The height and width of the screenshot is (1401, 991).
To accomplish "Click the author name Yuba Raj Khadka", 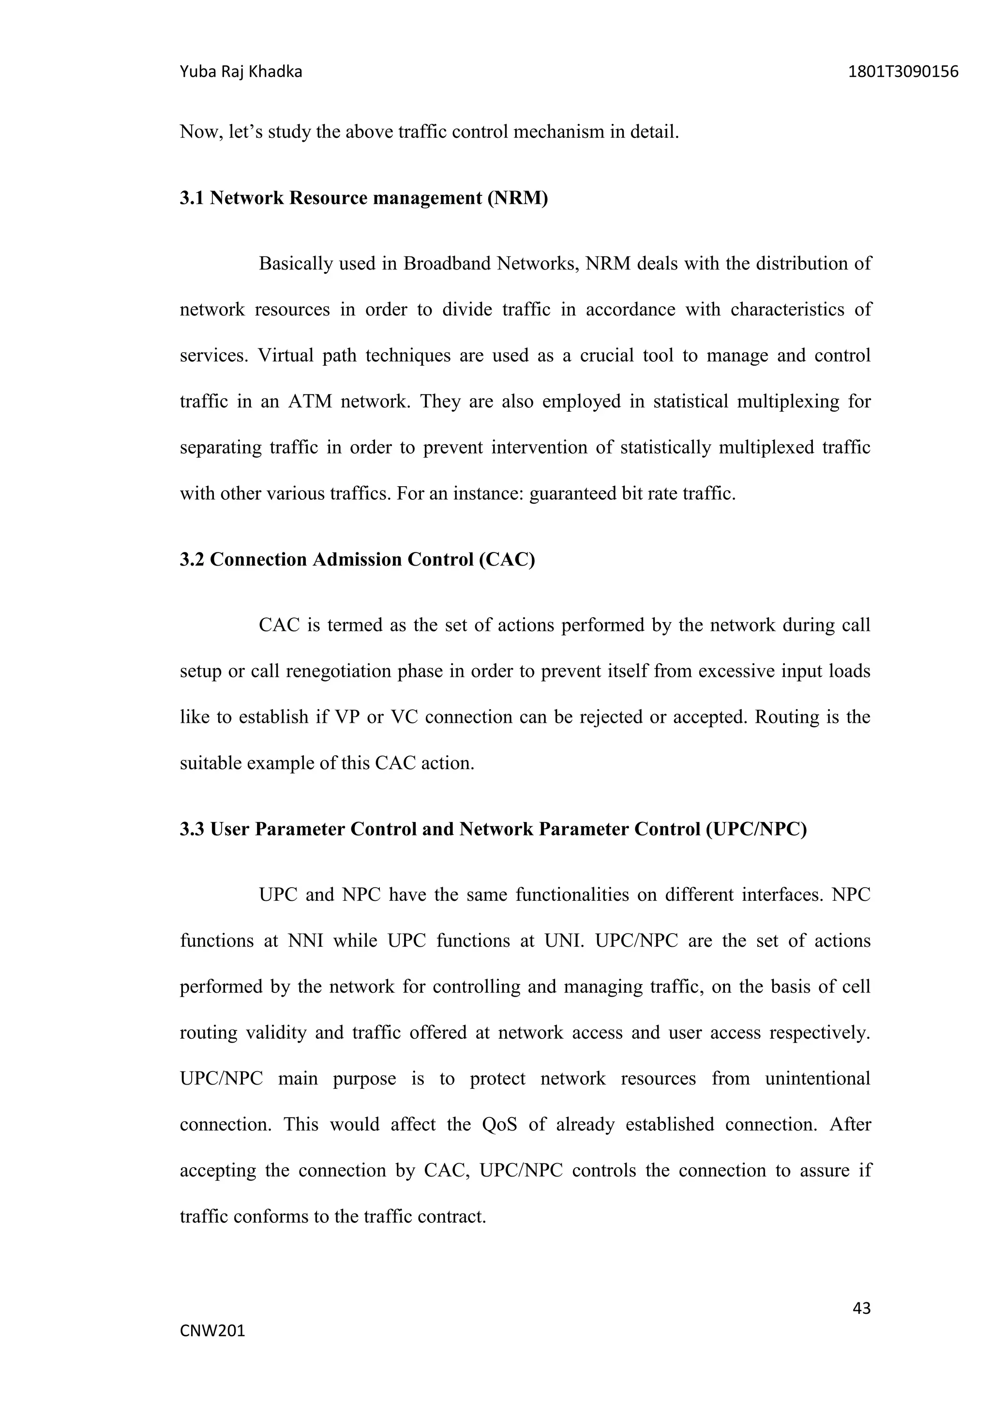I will (x=240, y=73).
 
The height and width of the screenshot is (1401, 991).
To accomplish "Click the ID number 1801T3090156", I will (x=903, y=73).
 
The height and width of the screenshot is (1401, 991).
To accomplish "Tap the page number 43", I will (x=861, y=1308).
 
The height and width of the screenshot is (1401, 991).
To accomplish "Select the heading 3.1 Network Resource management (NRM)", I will (x=364, y=198).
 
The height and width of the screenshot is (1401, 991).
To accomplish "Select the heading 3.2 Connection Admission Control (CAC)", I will (x=357, y=560).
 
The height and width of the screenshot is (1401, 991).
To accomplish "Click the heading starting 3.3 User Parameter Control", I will (x=493, y=829).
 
